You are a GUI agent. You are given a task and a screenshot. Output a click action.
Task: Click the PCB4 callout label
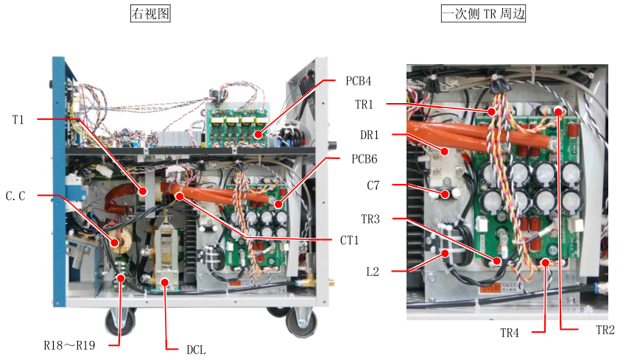pyautogui.click(x=358, y=80)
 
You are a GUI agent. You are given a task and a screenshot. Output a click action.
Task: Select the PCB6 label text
pyautogui.click(x=358, y=159)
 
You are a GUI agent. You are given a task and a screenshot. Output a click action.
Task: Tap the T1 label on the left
pyautogui.click(x=18, y=119)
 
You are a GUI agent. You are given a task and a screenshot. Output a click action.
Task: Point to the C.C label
pyautogui.click(x=16, y=196)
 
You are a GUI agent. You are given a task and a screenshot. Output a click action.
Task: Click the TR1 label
pyautogui.click(x=373, y=105)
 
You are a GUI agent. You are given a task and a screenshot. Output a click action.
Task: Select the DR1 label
pyautogui.click(x=373, y=136)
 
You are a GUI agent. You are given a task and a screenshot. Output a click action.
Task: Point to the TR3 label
pyautogui.click(x=373, y=219)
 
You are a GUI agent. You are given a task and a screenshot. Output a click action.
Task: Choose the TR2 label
pyautogui.click(x=605, y=330)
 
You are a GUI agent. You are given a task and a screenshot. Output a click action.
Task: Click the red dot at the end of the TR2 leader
pyautogui.click(x=559, y=112)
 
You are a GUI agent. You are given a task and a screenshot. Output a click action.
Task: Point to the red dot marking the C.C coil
pyautogui.click(x=116, y=241)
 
